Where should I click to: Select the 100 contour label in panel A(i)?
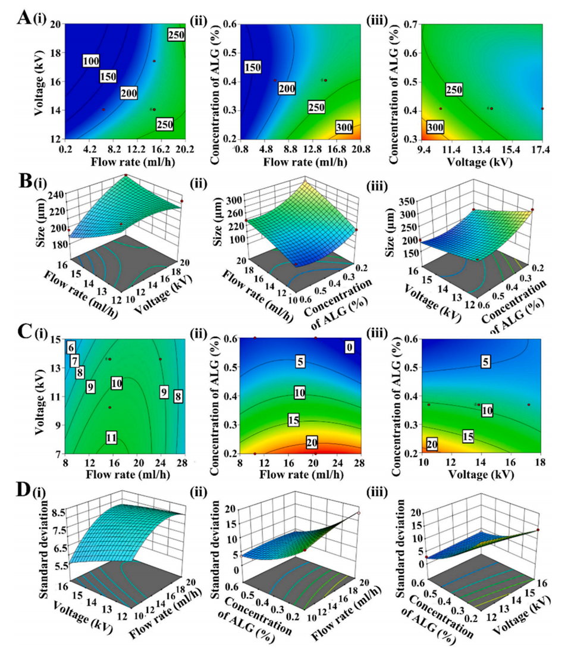[x=90, y=61]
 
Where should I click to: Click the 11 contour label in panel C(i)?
[x=111, y=438]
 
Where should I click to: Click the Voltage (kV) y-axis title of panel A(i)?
[x=40, y=81]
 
